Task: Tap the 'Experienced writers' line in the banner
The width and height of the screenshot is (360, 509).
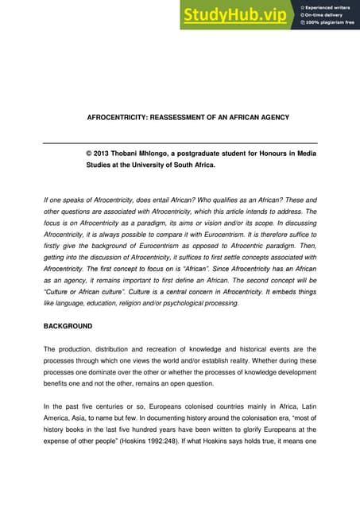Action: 327,6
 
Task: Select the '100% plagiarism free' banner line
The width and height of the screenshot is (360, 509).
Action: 329,21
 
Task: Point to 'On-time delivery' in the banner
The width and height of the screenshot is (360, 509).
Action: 323,14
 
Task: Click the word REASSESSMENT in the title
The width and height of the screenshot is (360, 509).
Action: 178,118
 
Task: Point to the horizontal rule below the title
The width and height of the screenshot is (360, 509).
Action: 180,142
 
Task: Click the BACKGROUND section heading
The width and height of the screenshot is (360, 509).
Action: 68,326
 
